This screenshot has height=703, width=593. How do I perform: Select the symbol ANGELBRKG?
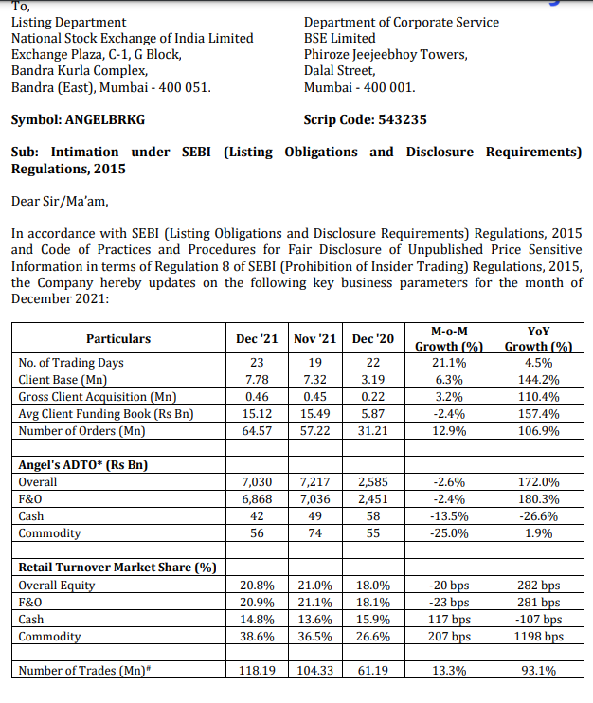pos(105,120)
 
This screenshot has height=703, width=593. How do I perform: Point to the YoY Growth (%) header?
pos(538,338)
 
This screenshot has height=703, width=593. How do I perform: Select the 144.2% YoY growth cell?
pos(538,379)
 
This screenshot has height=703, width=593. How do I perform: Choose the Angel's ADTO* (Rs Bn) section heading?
pos(83,464)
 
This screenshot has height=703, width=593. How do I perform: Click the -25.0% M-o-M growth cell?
pos(448,533)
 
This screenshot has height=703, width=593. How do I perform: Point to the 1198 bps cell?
pos(538,636)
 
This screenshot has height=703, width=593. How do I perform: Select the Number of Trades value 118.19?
pos(256,671)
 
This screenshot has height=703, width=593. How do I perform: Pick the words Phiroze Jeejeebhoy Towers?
pos(386,54)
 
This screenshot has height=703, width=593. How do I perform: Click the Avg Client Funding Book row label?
pos(105,413)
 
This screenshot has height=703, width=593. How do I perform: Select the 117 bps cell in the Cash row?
pos(448,619)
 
